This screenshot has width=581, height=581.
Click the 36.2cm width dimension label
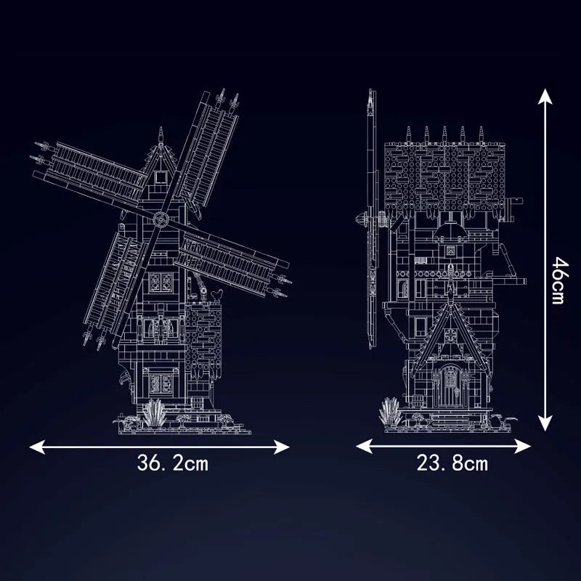173,463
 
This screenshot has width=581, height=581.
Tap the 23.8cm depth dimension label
452,463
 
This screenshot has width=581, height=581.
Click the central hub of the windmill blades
161,219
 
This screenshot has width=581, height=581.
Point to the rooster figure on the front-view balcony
216,295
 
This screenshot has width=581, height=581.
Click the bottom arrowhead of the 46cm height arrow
545,423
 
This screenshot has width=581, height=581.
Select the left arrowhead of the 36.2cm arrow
37,447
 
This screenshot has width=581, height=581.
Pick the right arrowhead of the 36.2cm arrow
282,447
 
